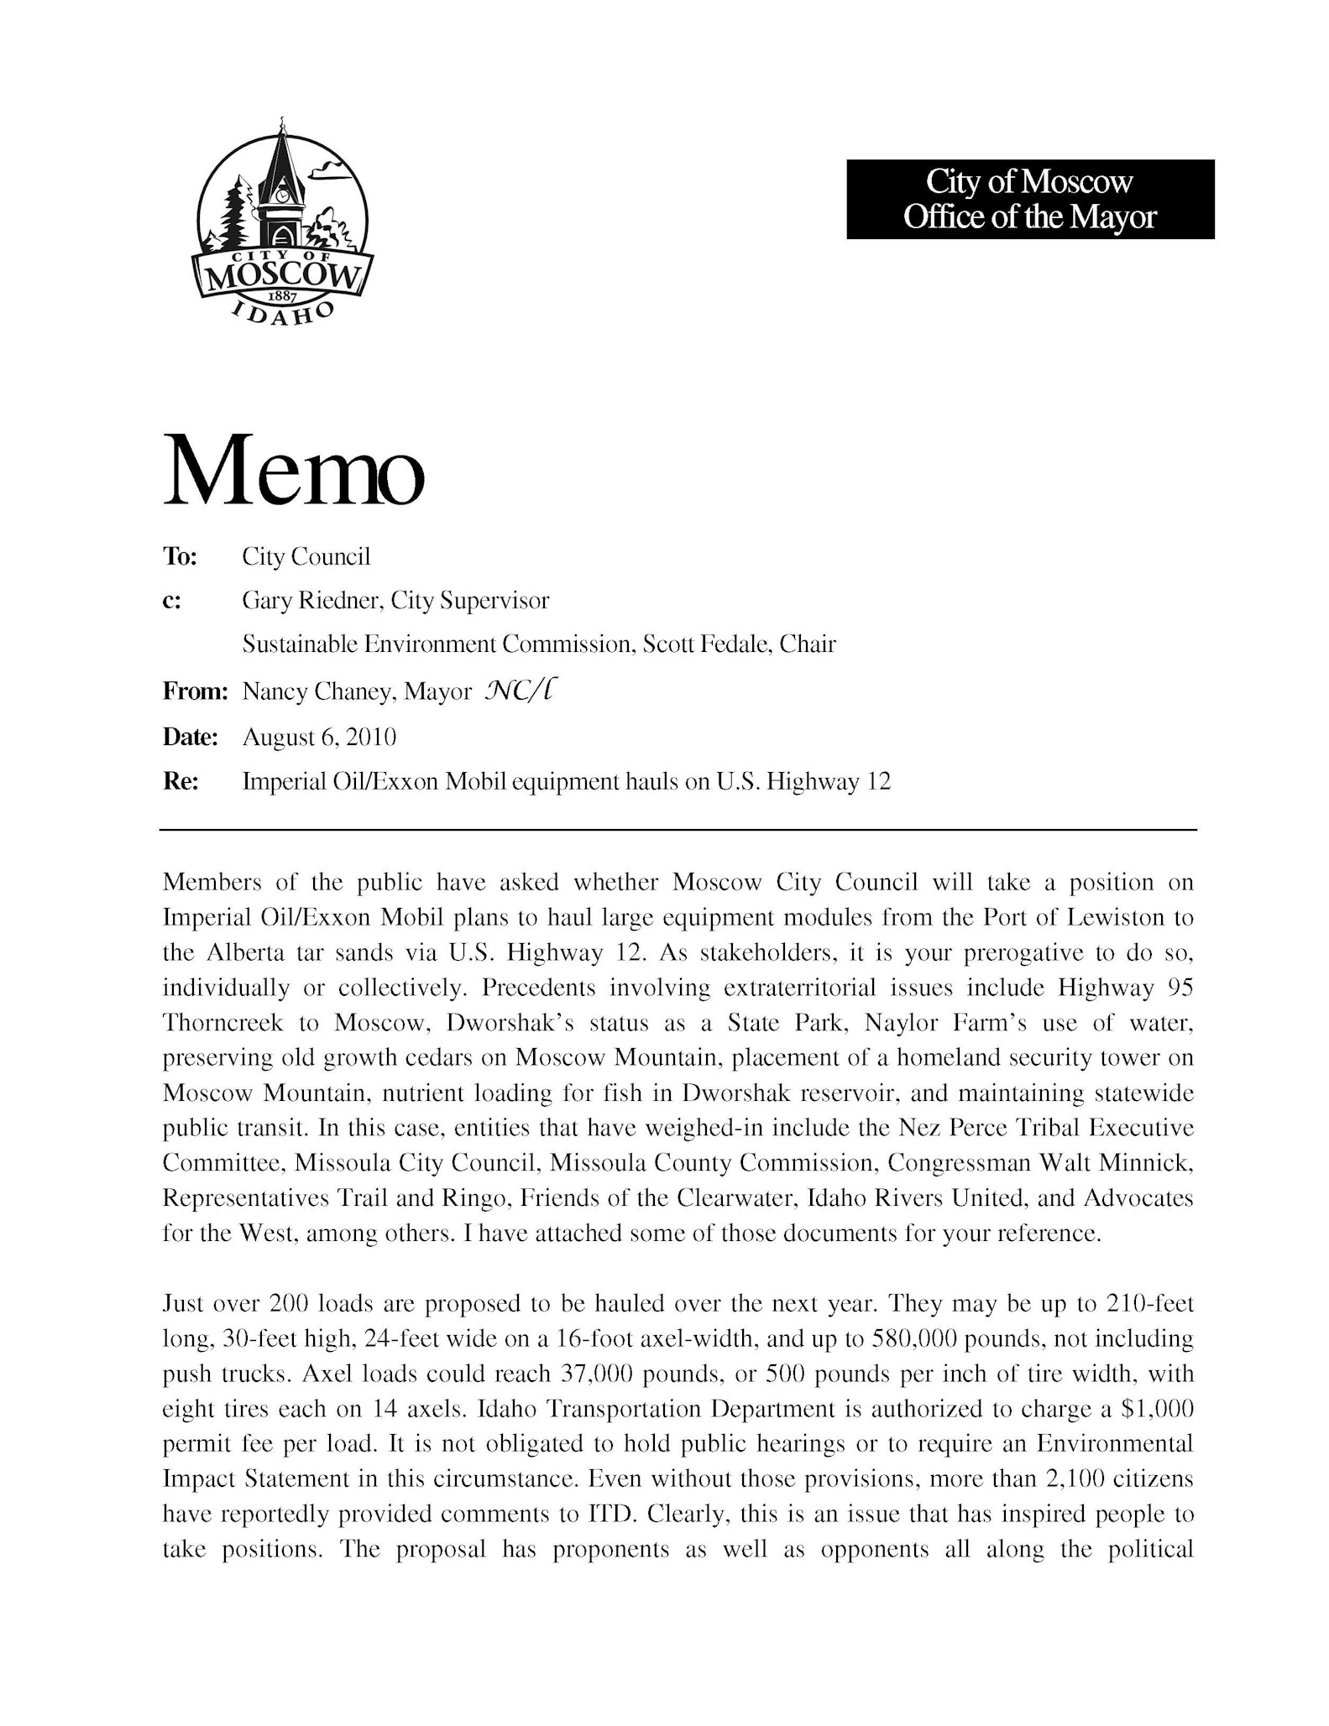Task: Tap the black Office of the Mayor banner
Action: coord(1029,199)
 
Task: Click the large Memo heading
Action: coord(293,471)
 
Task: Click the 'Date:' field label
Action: coord(190,738)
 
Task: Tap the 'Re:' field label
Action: coord(180,783)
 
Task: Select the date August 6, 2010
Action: coord(318,738)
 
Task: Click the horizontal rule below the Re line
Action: coord(678,830)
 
